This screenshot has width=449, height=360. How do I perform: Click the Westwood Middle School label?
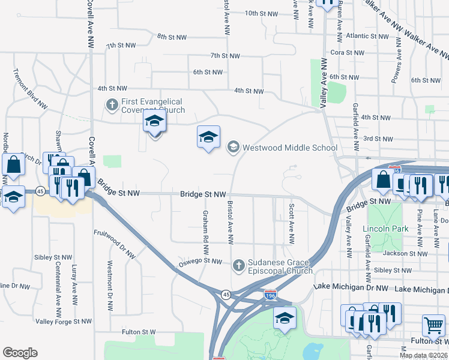point(290,148)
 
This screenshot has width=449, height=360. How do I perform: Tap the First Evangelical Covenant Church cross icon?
point(112,105)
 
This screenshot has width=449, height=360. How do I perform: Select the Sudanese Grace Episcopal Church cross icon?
point(238,265)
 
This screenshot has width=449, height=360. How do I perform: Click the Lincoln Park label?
point(385,229)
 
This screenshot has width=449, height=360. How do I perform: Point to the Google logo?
point(20,353)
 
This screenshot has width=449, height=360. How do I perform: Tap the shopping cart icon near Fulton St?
point(433,326)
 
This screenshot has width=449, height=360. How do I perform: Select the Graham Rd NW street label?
point(205,227)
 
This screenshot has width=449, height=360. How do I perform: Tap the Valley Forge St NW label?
point(63,322)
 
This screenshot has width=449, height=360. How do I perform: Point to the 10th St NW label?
point(262,13)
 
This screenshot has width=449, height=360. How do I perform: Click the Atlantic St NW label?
point(370,36)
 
